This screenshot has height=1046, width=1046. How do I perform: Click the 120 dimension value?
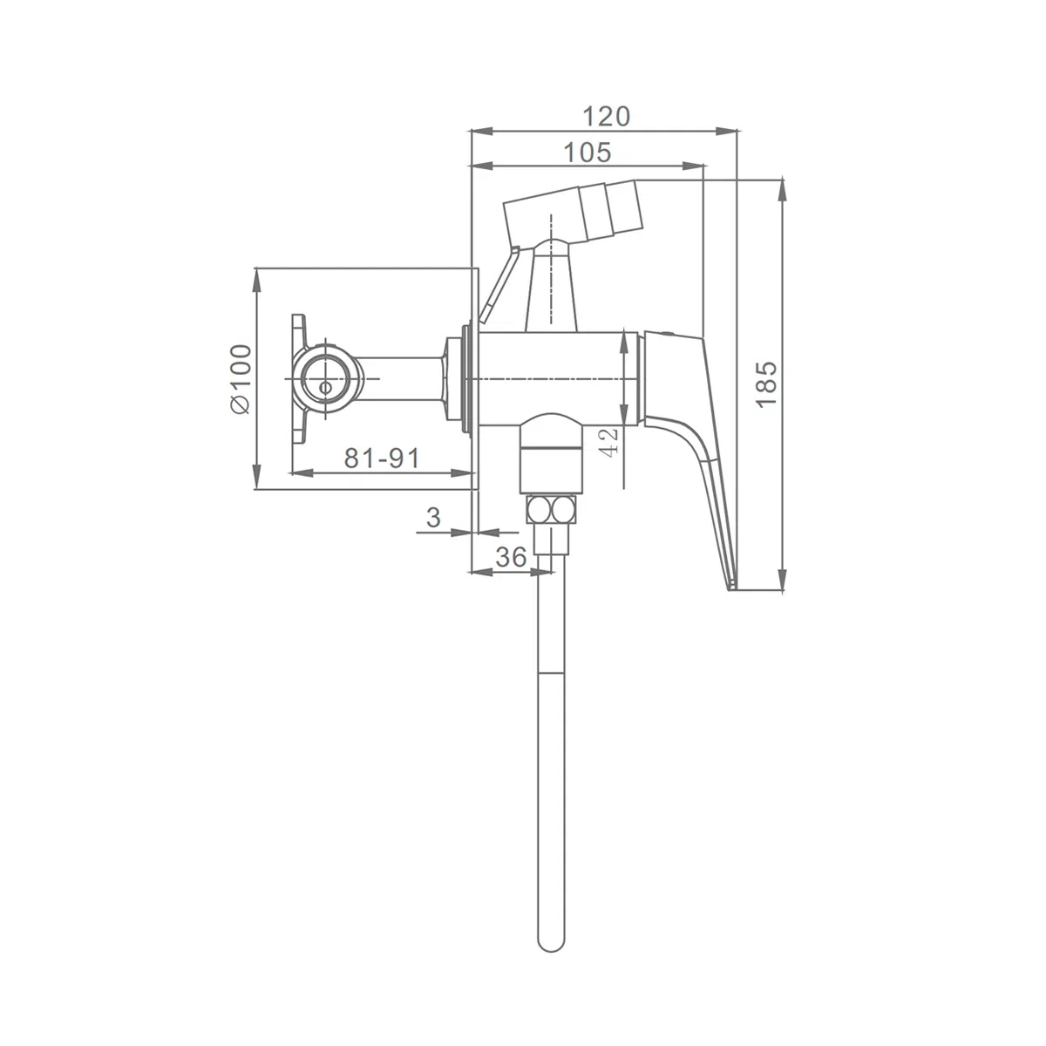point(606,116)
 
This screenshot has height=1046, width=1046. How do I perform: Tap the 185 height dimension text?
point(766,384)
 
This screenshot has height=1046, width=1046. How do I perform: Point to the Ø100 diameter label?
point(241,379)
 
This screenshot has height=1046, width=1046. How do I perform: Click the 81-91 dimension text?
point(382,458)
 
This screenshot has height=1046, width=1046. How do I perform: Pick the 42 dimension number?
point(609,443)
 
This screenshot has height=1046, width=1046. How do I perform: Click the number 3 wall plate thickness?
point(433,517)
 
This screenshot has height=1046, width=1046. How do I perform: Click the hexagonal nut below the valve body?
point(550,510)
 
